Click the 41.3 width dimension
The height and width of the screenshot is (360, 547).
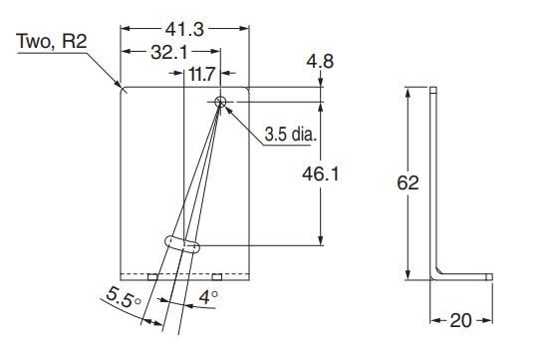(184, 29)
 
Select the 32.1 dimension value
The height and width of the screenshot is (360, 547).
(169, 53)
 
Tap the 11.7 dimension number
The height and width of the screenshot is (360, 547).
(202, 74)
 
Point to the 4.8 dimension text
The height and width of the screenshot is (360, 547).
(320, 62)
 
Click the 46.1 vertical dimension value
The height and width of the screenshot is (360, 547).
(320, 174)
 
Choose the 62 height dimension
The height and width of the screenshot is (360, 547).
(408, 182)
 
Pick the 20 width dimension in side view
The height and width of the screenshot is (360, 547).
(461, 320)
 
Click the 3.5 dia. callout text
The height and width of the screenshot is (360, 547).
(290, 135)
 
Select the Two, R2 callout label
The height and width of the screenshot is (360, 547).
(52, 41)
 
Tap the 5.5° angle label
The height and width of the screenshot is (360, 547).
(124, 297)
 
